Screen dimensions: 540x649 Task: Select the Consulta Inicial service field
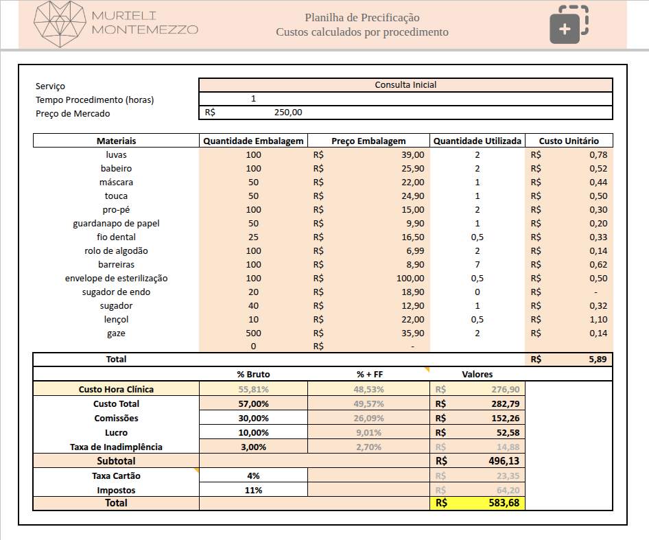[405, 85]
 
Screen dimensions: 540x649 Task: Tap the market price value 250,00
[288, 113]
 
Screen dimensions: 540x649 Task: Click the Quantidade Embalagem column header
[253, 141]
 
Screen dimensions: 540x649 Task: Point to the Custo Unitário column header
[569, 141]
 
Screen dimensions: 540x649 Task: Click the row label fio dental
[116, 237]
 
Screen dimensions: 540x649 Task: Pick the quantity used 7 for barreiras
[477, 264]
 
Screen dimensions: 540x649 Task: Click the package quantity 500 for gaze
[253, 333]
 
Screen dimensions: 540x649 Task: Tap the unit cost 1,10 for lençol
[598, 319]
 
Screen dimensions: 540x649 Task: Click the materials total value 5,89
[597, 359]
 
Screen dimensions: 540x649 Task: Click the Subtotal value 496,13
[504, 461]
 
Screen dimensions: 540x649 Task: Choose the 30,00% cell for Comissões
[253, 418]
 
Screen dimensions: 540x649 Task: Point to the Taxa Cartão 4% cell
[253, 476]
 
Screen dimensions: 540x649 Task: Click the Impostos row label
[116, 490]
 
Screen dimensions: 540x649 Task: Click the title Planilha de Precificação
[362, 18]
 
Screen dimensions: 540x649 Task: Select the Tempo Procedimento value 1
[253, 99]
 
